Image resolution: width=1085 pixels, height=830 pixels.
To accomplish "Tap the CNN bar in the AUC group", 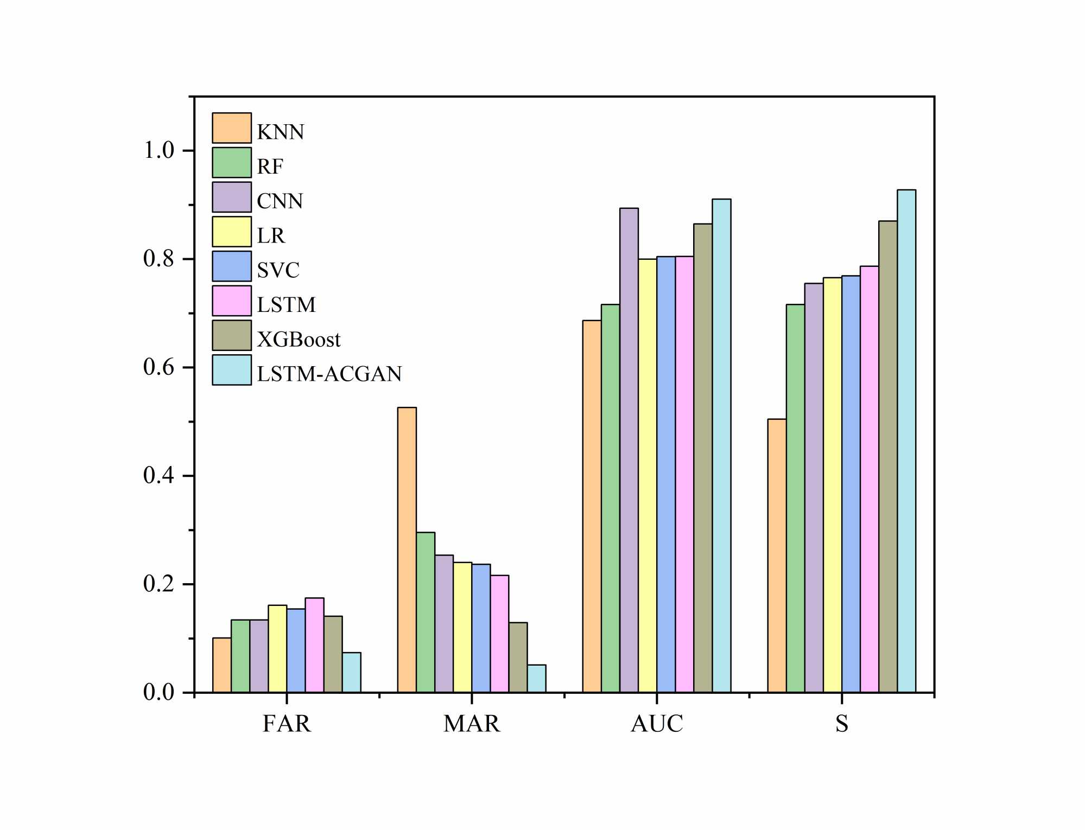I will pyautogui.click(x=629, y=450).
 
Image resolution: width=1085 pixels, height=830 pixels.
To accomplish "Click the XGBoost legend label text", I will pyautogui.click(x=299, y=340).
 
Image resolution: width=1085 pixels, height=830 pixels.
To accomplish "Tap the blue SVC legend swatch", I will pyautogui.click(x=232, y=266).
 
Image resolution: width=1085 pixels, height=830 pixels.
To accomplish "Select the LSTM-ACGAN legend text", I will pyautogui.click(x=329, y=374).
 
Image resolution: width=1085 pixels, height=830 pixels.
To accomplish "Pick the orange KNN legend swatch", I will pyautogui.click(x=232, y=128).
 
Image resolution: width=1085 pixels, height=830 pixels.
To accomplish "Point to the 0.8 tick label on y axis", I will pyautogui.click(x=158, y=259).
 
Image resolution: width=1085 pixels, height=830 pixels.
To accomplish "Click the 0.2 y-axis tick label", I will pyautogui.click(x=158, y=584).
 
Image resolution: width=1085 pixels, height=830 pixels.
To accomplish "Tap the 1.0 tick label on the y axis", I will pyautogui.click(x=158, y=150).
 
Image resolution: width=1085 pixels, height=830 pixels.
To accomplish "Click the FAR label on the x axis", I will pyautogui.click(x=287, y=724).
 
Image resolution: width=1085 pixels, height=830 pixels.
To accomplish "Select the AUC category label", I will pyautogui.click(x=657, y=724).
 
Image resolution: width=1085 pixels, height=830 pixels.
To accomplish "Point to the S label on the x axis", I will pyautogui.click(x=841, y=724).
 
